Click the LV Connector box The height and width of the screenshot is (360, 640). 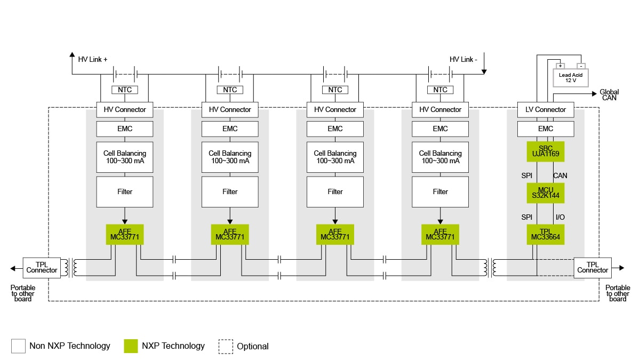(x=546, y=109)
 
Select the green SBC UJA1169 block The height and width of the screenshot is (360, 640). (x=546, y=151)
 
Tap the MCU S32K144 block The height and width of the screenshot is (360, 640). (x=546, y=193)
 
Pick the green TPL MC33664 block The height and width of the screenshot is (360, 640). (x=546, y=234)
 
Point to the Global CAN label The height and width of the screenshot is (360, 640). (x=609, y=95)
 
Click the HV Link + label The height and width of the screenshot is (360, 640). (x=93, y=59)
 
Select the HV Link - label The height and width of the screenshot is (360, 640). (x=463, y=59)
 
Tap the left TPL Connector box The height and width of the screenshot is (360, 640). (x=42, y=268)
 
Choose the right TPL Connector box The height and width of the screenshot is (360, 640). (x=593, y=268)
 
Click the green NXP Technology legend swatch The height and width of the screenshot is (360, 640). (x=131, y=346)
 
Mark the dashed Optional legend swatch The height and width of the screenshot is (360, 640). (x=226, y=346)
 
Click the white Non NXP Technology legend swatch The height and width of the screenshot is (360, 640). (x=18, y=346)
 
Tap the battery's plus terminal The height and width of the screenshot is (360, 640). (x=561, y=66)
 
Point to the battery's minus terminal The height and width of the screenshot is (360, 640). (x=581, y=66)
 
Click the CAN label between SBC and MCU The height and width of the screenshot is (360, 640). (x=560, y=175)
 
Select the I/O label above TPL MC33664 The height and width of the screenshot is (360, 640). (x=560, y=217)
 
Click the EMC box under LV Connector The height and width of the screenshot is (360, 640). (x=546, y=129)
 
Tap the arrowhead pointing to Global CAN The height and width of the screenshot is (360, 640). (x=594, y=93)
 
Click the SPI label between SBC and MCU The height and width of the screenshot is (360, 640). (x=526, y=175)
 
